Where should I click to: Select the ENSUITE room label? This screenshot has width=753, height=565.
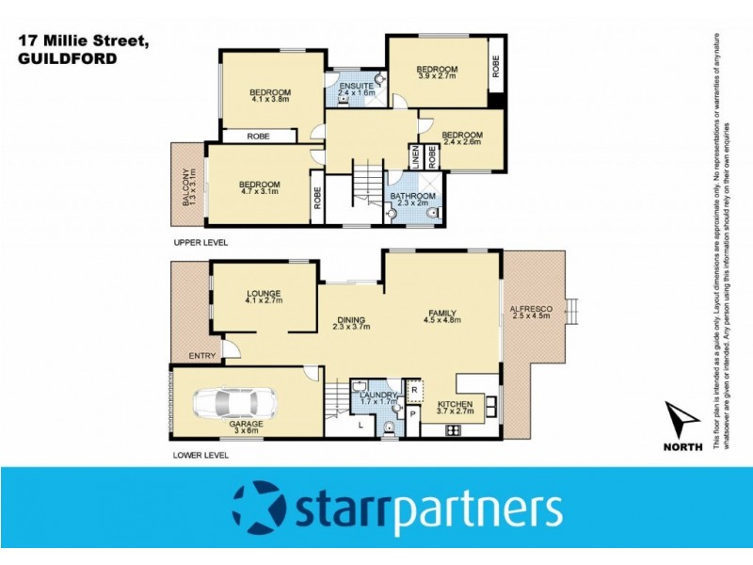click(357, 88)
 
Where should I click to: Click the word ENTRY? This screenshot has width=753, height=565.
click(201, 355)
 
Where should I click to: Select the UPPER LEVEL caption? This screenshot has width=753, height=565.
click(200, 243)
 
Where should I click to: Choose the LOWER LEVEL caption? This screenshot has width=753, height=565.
click(201, 454)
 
